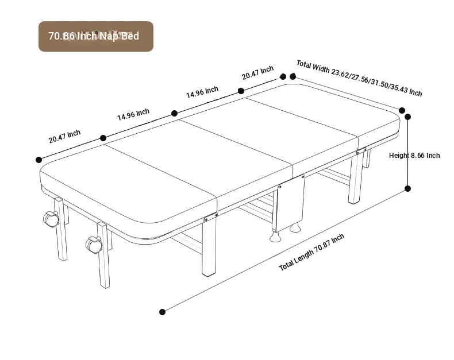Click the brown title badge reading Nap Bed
96,36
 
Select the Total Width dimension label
359,78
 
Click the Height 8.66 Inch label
414,156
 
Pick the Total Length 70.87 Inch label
311,252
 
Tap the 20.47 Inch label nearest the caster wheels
64,136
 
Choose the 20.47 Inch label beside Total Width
257,73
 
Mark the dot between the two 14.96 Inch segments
174,113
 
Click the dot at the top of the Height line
407,117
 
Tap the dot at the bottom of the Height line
407,189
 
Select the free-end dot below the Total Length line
163,312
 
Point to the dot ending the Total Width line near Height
402,110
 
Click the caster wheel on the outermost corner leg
51,219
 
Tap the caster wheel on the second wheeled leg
94,245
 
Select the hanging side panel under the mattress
290,203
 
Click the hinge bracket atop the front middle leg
211,217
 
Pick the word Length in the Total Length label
304,257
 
